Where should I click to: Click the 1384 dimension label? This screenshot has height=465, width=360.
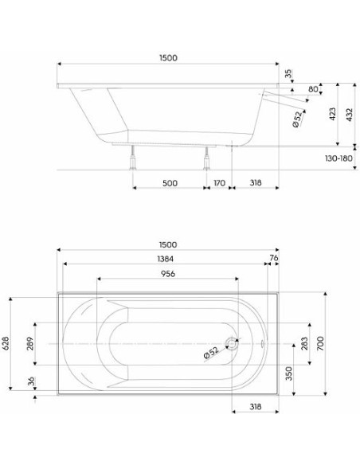[x=166, y=259]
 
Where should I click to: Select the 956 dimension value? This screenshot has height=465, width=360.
[x=168, y=273]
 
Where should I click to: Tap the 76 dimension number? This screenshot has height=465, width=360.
[x=274, y=258]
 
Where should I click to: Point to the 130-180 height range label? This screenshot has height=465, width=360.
[x=338, y=158]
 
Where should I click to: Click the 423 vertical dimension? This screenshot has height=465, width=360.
[x=332, y=114]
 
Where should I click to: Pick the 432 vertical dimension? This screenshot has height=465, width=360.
[x=350, y=115]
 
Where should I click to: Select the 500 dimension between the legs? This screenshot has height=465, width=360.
[x=170, y=183]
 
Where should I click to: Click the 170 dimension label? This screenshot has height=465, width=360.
[x=220, y=182]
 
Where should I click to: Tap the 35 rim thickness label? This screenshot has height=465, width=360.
[x=288, y=73]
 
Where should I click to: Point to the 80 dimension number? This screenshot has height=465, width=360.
[x=313, y=89]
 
